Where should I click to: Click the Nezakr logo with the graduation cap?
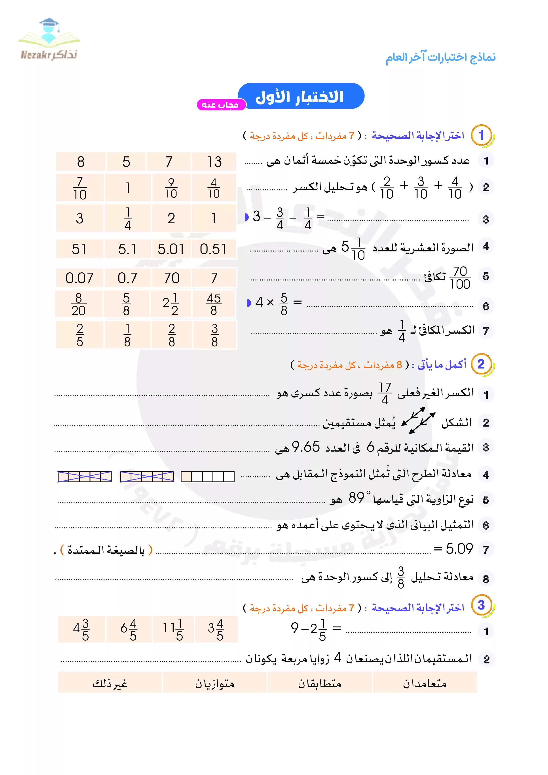click(x=49, y=39)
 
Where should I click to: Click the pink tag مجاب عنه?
click(x=221, y=105)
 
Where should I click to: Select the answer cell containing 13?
click(x=214, y=162)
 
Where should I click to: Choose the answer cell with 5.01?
click(x=171, y=249)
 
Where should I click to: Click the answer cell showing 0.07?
click(x=79, y=278)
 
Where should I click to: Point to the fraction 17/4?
click(x=385, y=393)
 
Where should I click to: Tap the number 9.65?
click(x=306, y=447)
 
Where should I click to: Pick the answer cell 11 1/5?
click(x=173, y=629)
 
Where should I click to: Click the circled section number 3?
click(x=481, y=605)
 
